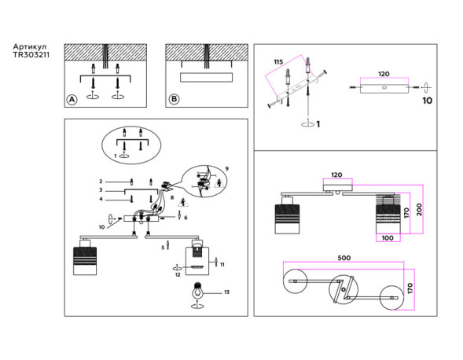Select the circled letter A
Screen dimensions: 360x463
(x=72, y=99)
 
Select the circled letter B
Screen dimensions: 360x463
(x=174, y=99)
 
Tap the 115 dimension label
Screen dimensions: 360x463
(x=277, y=61)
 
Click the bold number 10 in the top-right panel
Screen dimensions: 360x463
(x=427, y=101)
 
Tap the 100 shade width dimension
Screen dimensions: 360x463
(x=387, y=237)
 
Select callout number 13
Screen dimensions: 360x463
(x=227, y=292)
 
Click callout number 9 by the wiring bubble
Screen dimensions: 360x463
(x=226, y=169)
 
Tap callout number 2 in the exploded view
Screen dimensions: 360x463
(x=101, y=181)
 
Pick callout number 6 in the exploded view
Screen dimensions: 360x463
(x=186, y=217)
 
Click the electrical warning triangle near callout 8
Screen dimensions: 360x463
(x=183, y=201)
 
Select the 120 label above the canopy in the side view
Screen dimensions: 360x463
(x=336, y=174)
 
